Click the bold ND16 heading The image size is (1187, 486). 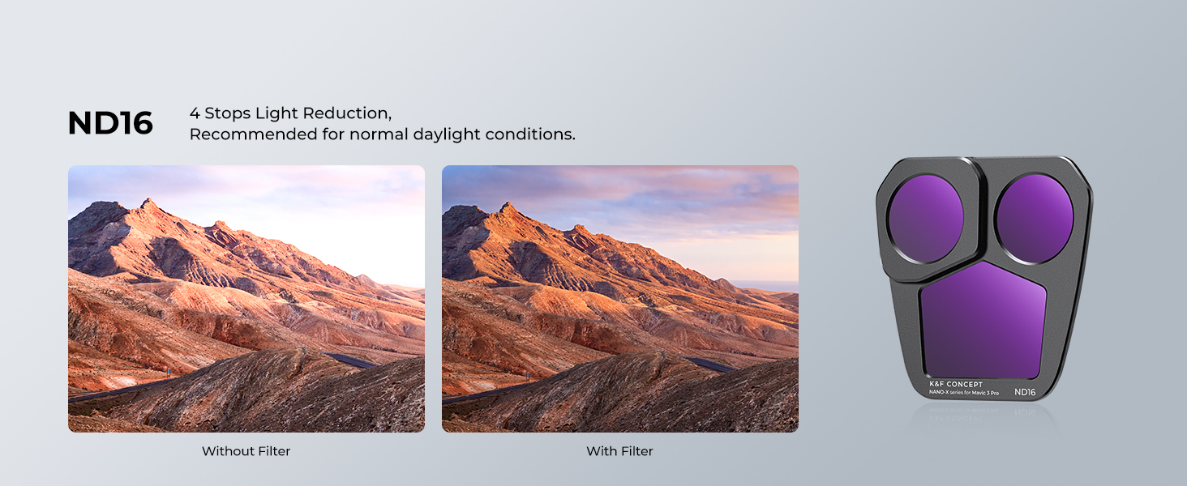tap(110, 123)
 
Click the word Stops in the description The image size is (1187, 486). tap(228, 113)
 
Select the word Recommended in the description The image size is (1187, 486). tap(254, 134)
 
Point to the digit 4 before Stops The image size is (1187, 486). tap(195, 113)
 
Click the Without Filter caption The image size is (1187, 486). tap(246, 451)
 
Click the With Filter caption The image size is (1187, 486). tap(619, 451)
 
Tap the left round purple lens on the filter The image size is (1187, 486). tap(926, 218)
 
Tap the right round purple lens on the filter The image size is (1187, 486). tap(1035, 218)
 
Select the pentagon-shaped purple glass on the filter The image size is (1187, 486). tap(983, 322)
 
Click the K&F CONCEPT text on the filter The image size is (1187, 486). tap(956, 385)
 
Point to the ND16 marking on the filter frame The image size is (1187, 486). tap(1025, 392)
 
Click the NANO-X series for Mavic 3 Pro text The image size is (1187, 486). tap(963, 393)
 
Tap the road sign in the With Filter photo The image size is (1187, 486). tap(527, 375)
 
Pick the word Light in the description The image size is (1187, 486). tap(277, 114)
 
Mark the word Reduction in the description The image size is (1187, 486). tap(347, 113)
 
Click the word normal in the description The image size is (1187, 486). tap(379, 134)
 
